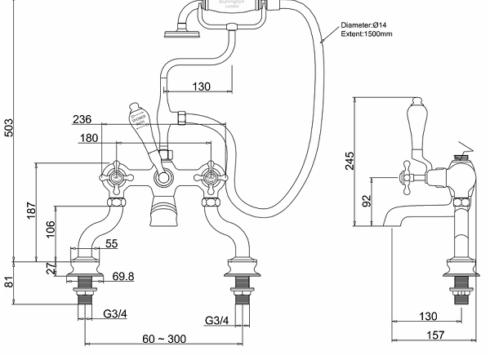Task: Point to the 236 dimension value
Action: click(82, 119)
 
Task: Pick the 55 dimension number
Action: click(112, 244)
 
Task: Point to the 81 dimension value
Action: click(9, 283)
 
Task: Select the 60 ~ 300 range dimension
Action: click(166, 339)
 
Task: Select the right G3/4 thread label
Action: click(217, 319)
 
